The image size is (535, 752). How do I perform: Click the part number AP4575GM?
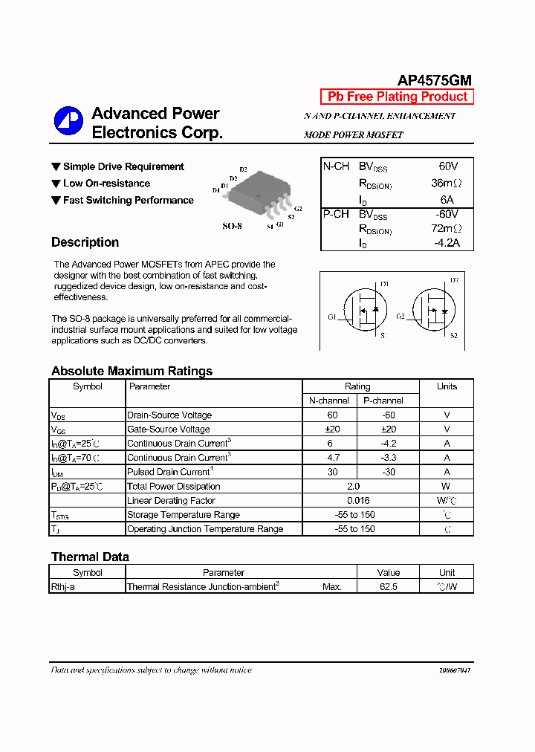point(435,81)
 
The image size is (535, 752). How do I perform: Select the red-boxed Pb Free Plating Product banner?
point(397,97)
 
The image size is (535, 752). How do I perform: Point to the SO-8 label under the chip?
point(233,225)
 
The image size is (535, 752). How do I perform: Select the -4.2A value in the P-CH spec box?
point(446,242)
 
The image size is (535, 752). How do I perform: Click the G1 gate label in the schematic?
point(331,317)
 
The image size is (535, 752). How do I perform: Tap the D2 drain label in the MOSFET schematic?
point(454,281)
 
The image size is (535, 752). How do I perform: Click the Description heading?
point(85,242)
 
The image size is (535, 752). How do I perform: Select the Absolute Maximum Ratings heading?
point(132,371)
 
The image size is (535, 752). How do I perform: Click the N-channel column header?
point(329,401)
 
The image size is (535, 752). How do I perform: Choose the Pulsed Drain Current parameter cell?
point(169,472)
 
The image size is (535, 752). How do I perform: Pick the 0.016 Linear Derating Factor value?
point(357,501)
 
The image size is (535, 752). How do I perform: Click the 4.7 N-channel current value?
point(332,458)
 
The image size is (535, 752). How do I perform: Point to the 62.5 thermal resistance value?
point(388,587)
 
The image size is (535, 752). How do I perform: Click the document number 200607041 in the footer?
point(454,670)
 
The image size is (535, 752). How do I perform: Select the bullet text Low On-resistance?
point(106,184)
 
